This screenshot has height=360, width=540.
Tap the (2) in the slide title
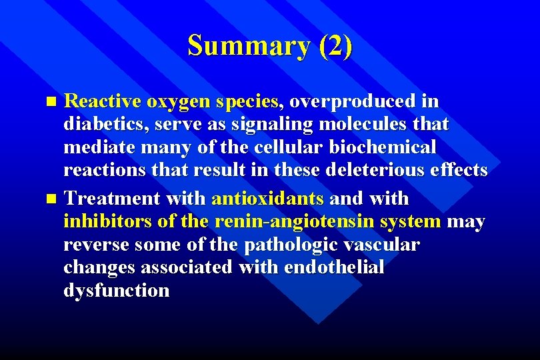point(335,46)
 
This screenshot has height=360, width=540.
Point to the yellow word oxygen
point(179,102)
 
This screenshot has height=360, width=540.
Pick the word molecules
point(364,124)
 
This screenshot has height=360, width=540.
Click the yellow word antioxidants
point(268,199)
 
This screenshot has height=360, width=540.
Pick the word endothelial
point(334,267)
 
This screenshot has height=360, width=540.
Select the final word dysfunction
point(116,291)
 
